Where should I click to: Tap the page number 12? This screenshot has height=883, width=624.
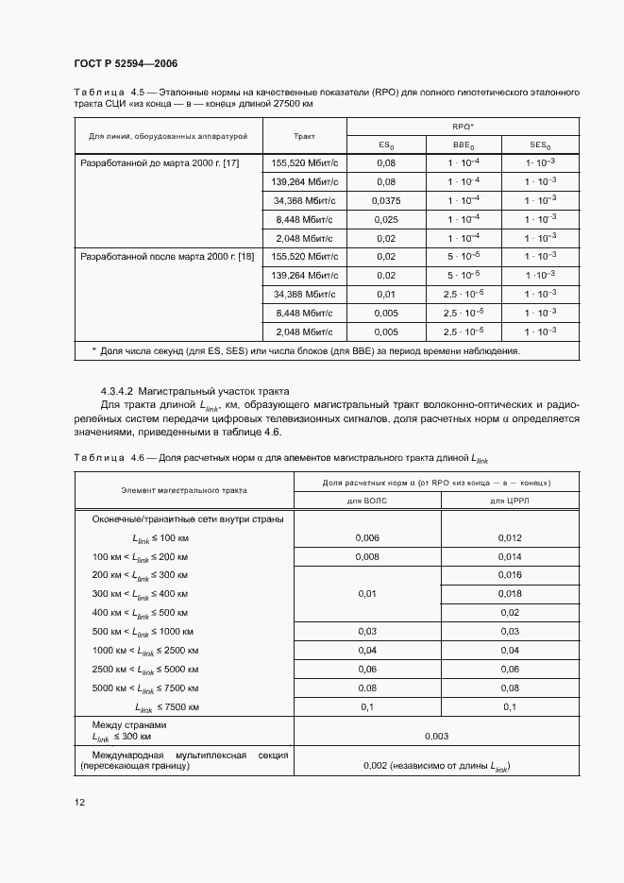pyautogui.click(x=79, y=802)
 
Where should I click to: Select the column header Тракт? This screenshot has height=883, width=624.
pyautogui.click(x=304, y=136)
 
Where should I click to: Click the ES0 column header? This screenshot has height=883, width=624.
pyautogui.click(x=385, y=145)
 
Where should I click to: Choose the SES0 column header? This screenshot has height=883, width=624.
pyautogui.click(x=539, y=145)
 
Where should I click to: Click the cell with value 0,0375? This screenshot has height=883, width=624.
pyautogui.click(x=385, y=200)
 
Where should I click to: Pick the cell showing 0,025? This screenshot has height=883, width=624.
pyautogui.click(x=385, y=219)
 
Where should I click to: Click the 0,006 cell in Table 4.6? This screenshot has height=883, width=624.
pyautogui.click(x=367, y=537)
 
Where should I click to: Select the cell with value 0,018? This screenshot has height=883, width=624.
pyautogui.click(x=509, y=593)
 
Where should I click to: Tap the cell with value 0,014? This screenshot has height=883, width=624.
pyautogui.click(x=509, y=556)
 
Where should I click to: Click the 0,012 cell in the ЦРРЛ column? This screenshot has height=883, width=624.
pyautogui.click(x=509, y=537)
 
